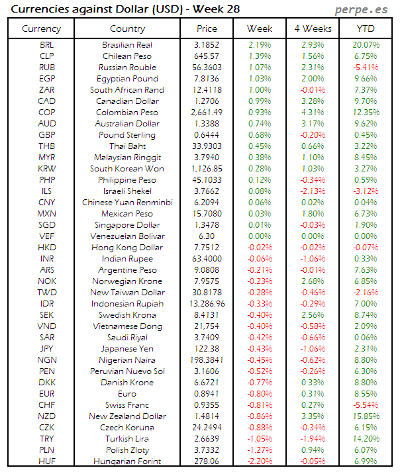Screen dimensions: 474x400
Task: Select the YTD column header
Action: click(x=365, y=28)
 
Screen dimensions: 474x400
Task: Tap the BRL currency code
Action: click(x=47, y=45)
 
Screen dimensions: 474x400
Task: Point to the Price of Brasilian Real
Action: click(x=207, y=45)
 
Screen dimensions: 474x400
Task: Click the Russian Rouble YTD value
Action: click(x=365, y=68)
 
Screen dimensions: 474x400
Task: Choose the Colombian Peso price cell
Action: click(x=207, y=113)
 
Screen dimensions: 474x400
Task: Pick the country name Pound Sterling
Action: click(x=127, y=135)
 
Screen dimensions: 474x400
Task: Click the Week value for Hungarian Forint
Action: click(x=259, y=461)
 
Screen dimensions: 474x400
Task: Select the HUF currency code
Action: click(x=47, y=461)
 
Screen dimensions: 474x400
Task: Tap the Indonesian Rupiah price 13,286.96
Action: click(x=207, y=304)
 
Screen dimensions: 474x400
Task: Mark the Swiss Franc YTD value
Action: click(x=365, y=404)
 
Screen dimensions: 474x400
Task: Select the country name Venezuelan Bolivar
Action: click(x=127, y=236)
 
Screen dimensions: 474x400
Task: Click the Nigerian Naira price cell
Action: click(x=207, y=359)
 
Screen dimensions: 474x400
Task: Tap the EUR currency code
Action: click(x=47, y=393)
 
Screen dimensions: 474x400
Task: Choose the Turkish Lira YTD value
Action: click(x=365, y=438)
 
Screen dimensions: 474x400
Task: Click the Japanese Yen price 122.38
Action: click(x=207, y=348)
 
